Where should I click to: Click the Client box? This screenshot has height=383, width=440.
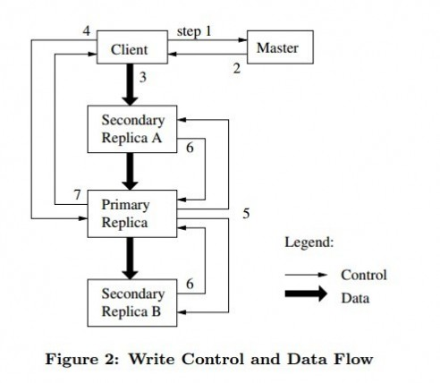[x=132, y=47]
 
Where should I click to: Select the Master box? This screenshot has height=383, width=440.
[x=280, y=47]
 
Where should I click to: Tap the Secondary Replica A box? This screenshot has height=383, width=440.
[x=132, y=129]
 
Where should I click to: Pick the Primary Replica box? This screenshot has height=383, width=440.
[x=132, y=214]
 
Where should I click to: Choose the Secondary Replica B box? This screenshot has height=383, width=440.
[x=132, y=302]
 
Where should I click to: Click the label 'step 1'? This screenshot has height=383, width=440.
[x=194, y=31]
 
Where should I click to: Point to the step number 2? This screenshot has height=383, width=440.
[x=237, y=69]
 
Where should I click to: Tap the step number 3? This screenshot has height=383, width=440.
[x=143, y=77]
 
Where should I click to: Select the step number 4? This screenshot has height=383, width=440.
[x=87, y=30]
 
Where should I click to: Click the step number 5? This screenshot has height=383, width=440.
[x=246, y=214]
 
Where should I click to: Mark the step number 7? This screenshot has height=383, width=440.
[x=78, y=195]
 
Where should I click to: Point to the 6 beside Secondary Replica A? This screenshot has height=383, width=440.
[x=190, y=148]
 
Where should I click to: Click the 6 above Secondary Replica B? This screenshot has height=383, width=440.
[x=190, y=284]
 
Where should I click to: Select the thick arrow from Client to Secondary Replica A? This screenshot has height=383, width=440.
[x=130, y=85]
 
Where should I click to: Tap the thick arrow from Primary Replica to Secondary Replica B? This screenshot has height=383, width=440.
[x=130, y=259]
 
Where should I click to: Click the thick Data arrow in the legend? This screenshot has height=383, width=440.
[x=306, y=294]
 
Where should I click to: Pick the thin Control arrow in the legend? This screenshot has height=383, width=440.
[x=306, y=275]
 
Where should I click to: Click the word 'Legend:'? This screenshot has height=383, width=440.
[x=309, y=243]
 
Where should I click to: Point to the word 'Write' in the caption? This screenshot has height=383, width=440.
[x=152, y=359]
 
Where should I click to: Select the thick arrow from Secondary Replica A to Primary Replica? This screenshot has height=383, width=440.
[x=130, y=172]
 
